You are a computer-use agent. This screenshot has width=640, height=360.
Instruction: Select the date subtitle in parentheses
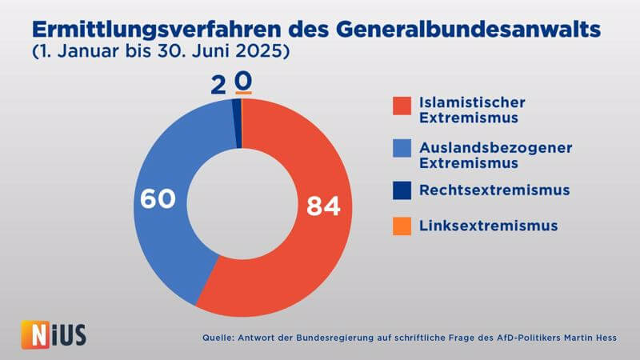coord(160,54)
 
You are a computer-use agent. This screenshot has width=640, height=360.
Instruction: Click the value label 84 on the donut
coord(323,206)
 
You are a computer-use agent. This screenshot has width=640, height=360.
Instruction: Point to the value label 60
coord(158,198)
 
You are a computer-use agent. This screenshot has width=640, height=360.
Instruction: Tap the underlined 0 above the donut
coord(243,82)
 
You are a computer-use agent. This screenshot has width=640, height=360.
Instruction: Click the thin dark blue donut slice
coord(238,123)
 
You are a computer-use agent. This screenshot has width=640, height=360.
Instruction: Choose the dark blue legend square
coord(402,190)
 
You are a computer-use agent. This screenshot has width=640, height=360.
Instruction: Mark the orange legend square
coord(402,226)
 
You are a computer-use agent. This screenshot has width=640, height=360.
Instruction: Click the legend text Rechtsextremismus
coord(494,190)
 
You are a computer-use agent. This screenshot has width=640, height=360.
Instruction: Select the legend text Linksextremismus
coord(488,226)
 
